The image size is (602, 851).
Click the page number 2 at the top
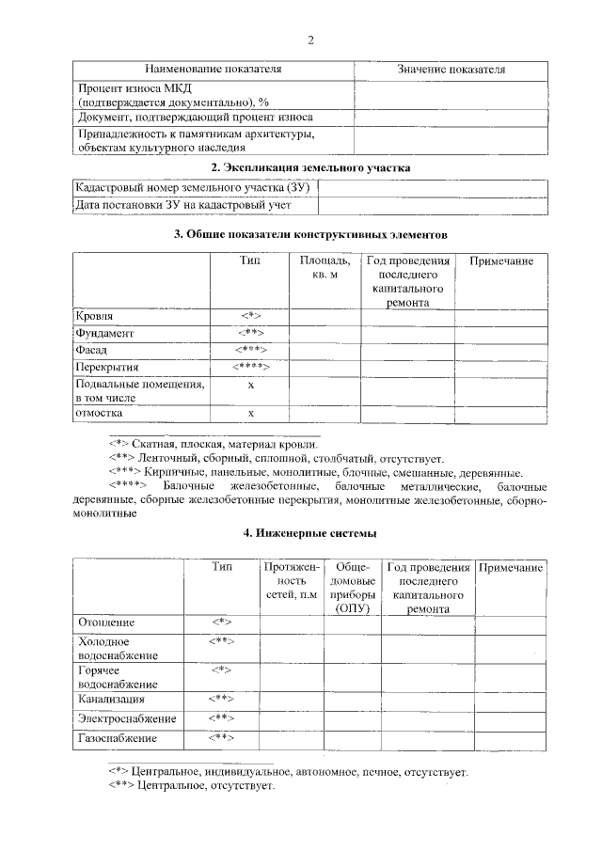[309, 39]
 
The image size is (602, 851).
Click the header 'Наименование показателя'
[213, 70]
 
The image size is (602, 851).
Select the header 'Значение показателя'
[451, 70]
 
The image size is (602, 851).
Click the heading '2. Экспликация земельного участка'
[310, 167]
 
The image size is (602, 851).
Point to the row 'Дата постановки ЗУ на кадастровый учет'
[183, 204]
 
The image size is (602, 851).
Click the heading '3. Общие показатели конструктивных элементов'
[310, 233]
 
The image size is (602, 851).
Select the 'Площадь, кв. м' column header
[325, 267]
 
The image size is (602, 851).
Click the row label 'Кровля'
[95, 316]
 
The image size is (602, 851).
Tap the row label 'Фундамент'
[105, 333]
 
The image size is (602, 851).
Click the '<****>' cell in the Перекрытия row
[250, 366]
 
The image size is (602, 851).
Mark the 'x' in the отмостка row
[250, 414]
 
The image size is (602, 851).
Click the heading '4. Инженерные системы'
[310, 533]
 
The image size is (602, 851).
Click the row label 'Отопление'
[106, 622]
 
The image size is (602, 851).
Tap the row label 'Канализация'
[111, 700]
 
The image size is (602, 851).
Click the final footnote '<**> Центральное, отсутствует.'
[191, 785]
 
